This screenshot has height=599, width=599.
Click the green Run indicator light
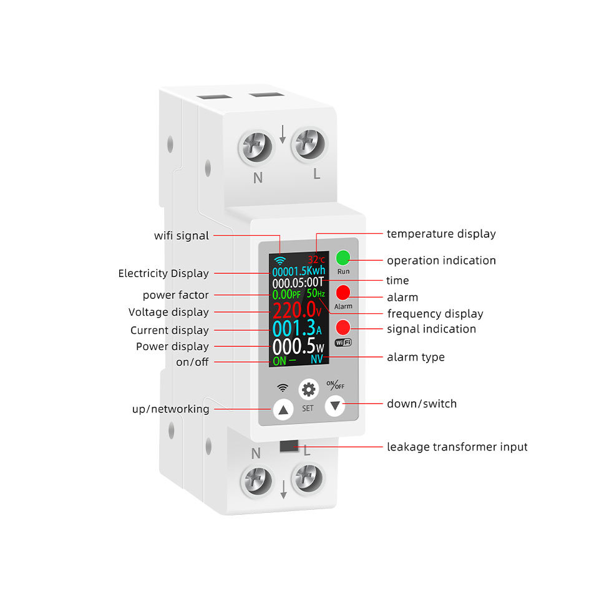point(343,258)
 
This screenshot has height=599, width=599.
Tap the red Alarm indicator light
point(343,293)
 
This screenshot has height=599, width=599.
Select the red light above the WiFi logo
point(343,327)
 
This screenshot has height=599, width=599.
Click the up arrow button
point(283,410)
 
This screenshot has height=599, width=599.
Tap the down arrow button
point(335,406)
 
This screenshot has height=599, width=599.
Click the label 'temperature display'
point(441,234)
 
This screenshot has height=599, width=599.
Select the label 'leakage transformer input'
point(457,447)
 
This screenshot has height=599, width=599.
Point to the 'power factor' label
point(176,295)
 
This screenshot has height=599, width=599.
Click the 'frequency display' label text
point(435,314)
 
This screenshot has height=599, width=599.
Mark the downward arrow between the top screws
point(283,134)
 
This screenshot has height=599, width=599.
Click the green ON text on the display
point(280,361)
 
